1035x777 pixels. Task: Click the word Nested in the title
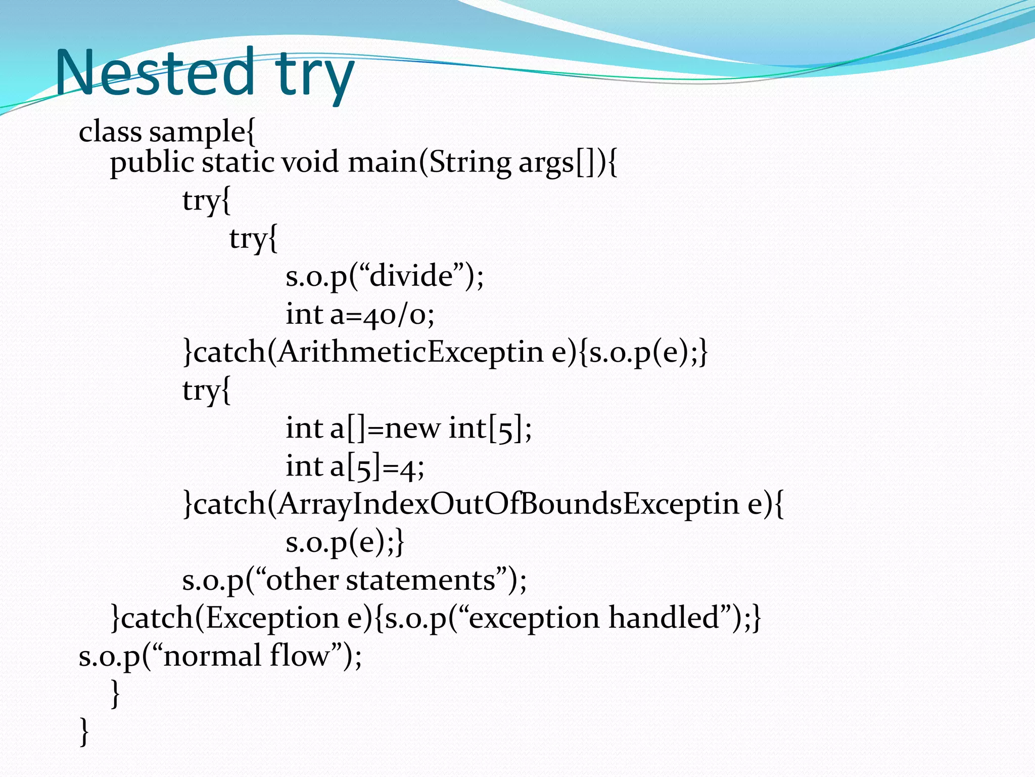(154, 73)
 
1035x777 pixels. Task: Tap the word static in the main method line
(238, 163)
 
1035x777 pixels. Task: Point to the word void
(310, 163)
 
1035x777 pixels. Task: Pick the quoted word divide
(411, 276)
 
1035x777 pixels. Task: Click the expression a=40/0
(382, 315)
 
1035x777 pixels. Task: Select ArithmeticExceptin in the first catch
(410, 352)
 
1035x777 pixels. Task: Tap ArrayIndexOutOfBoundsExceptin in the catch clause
(508, 504)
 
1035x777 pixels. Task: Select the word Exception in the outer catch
(272, 619)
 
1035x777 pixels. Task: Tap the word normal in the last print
(212, 656)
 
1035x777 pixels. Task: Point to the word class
(110, 133)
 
